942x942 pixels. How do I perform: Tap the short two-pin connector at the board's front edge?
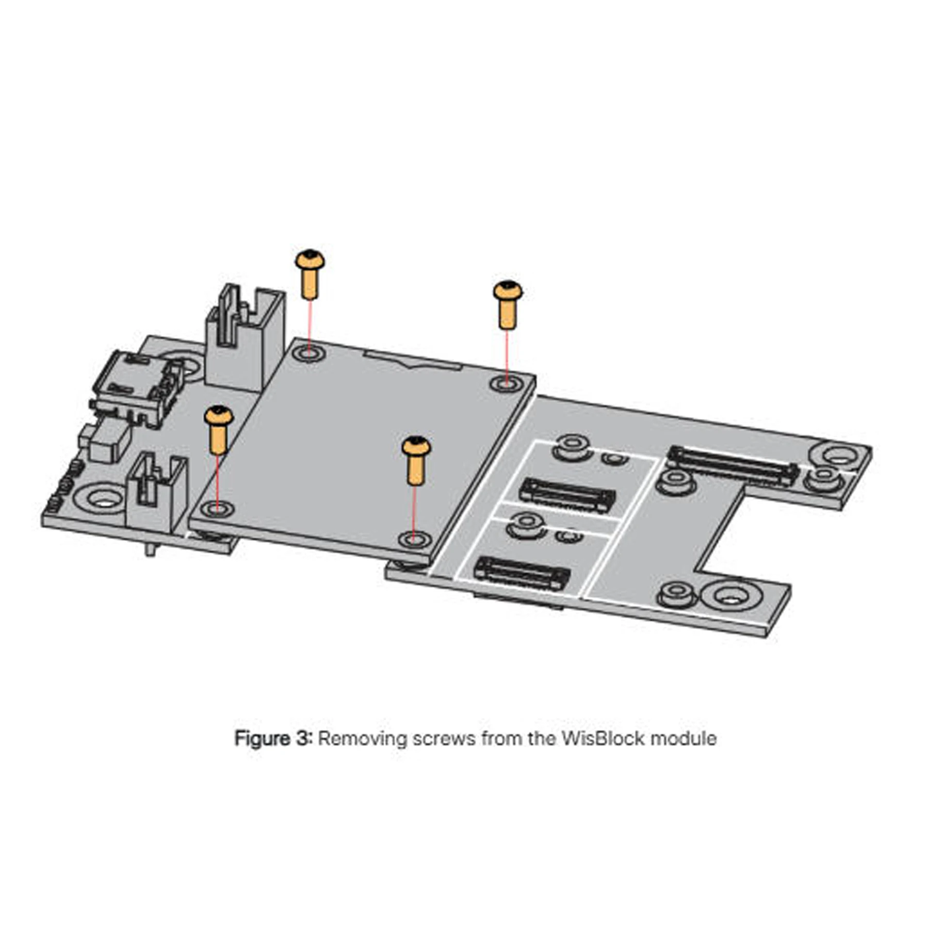pyautogui.click(x=155, y=493)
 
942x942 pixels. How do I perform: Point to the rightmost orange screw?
pyautogui.click(x=508, y=304)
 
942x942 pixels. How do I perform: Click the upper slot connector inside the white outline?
pyautogui.click(x=567, y=494)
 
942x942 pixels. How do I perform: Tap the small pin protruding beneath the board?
pyautogui.click(x=150, y=550)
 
